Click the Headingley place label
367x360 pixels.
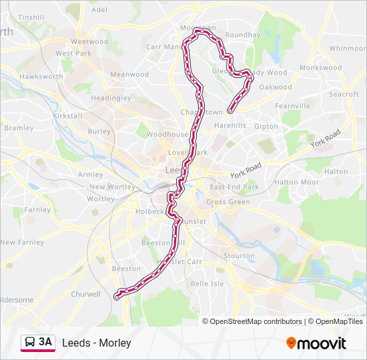coord(111,98)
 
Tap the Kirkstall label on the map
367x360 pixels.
coord(67,115)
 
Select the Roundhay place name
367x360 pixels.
coord(243,35)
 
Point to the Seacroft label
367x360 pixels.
coord(344,95)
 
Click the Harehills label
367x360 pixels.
coord(230,125)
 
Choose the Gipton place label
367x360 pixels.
coord(266,127)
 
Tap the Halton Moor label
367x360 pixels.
coord(296,182)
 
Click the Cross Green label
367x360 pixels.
coord(228,202)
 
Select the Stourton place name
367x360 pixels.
coord(240,256)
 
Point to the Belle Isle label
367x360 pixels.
coord(208,283)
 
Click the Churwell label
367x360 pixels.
coord(85,293)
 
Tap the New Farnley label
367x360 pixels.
coord(22,242)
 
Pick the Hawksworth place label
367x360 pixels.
coord(41,77)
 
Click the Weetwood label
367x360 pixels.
coord(89,41)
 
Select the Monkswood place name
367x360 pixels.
coord(320,68)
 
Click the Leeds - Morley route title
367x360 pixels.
coord(97,343)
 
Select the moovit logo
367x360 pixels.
coord(316,343)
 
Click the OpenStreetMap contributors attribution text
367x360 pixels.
coord(256,321)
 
